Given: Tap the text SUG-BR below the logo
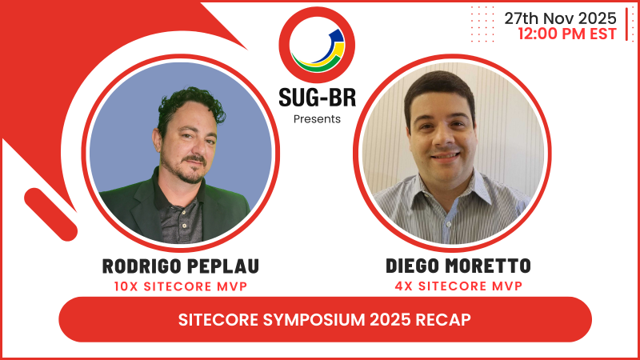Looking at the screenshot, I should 317,98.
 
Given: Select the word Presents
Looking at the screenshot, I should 317,119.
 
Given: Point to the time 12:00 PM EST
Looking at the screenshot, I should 567,34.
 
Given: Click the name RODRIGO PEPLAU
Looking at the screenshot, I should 181,266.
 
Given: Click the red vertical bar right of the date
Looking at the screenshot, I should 626,25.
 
